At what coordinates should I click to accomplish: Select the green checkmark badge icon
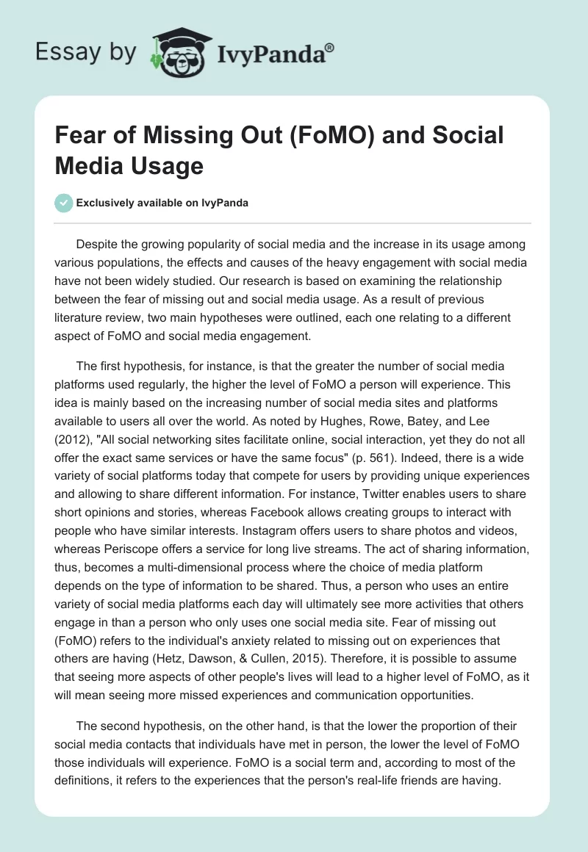[x=64, y=203]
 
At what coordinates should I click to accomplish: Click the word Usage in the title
[x=167, y=165]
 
